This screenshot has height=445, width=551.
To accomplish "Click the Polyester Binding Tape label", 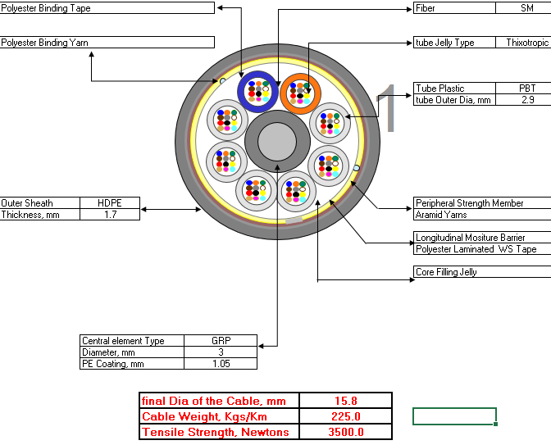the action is (46, 8).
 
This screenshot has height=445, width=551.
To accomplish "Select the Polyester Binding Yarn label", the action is (44, 43).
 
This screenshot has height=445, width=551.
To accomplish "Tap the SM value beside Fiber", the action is (526, 8).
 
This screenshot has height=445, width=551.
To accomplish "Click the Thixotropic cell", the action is (527, 43).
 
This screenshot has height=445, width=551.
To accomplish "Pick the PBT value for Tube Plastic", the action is (527, 89).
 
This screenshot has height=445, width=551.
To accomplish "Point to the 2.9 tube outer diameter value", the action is (528, 100).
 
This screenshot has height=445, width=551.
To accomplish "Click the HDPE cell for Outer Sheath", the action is (110, 203).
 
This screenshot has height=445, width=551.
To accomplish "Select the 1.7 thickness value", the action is (111, 215).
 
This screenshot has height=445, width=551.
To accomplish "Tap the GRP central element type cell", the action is (221, 341).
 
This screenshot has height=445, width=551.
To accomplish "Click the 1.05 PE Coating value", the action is (221, 364).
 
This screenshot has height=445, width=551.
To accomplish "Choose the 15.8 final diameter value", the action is (346, 401).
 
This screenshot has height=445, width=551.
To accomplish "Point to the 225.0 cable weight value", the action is (346, 416).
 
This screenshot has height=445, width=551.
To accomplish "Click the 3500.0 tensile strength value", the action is (346, 432).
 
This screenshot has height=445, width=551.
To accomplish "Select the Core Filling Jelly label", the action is (446, 272).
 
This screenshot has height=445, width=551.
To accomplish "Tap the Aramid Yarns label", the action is (441, 215).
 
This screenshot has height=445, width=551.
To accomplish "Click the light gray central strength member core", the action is (277, 141).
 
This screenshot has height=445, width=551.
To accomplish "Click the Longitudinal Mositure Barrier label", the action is (470, 238).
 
